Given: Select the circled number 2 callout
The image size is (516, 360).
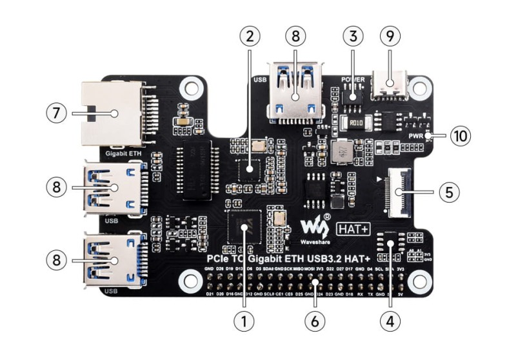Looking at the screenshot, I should (250, 35).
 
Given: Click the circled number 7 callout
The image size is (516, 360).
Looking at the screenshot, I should (56, 113).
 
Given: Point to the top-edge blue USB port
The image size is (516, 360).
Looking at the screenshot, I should (295, 90).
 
